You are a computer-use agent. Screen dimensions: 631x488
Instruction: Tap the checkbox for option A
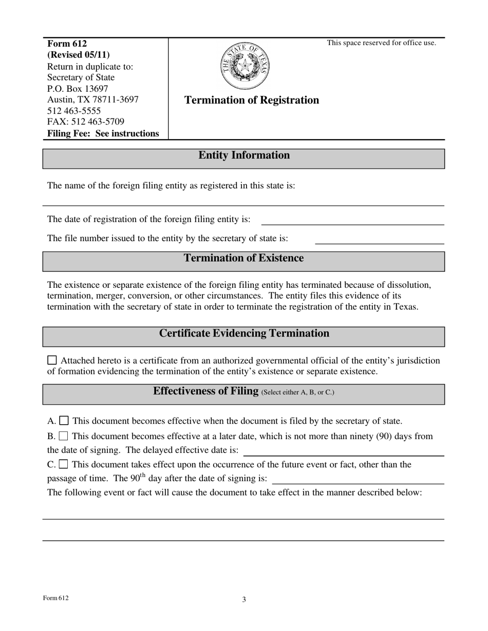(64, 421)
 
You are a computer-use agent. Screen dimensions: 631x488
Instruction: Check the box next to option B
(64, 436)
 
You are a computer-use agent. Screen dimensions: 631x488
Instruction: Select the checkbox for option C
(64, 464)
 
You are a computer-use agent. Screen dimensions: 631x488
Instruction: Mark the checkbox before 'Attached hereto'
(52, 360)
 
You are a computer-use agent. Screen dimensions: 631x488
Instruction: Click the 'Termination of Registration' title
(251, 100)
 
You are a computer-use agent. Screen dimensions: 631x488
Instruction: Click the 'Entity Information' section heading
(244, 155)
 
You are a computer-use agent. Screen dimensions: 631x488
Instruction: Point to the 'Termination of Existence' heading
(243, 258)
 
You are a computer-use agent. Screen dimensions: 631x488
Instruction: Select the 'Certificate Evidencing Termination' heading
(244, 333)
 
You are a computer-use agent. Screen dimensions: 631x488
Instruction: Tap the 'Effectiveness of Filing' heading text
(205, 391)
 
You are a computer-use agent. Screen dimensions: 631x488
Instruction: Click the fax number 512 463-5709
(86, 122)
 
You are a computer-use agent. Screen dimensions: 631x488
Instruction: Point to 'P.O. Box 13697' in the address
(78, 89)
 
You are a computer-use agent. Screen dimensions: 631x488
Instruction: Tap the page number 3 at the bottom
(244, 599)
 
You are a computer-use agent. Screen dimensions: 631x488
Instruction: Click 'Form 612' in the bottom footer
(55, 598)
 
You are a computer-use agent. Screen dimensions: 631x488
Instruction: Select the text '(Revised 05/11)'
(78, 55)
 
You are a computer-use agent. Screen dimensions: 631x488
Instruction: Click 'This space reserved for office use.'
(382, 43)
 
